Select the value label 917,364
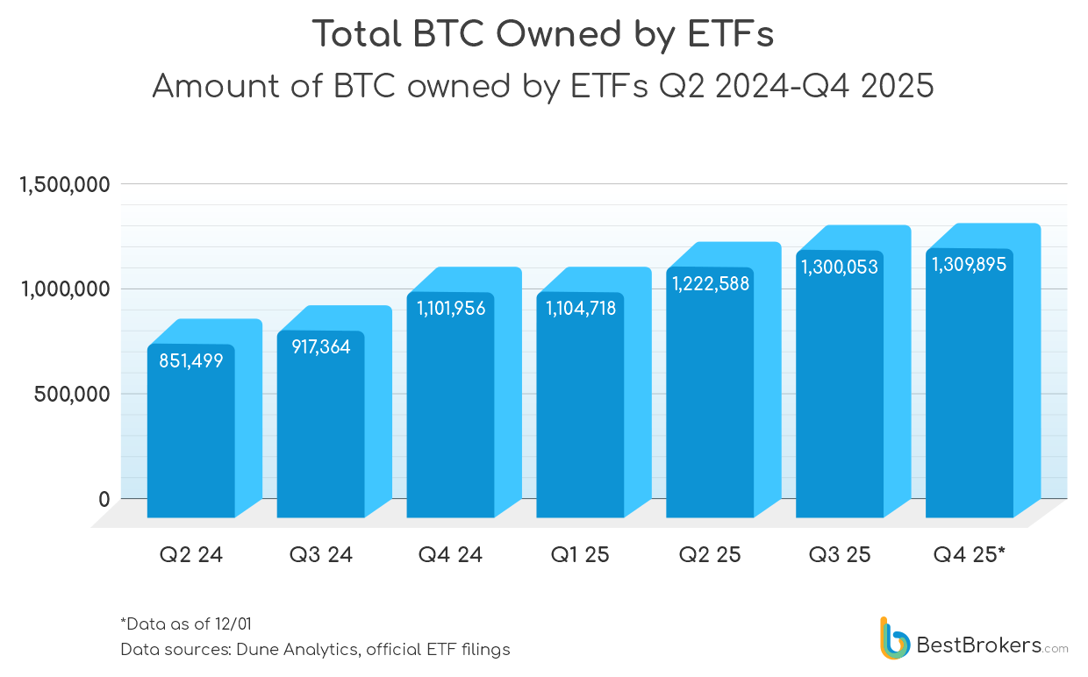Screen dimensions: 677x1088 pyautogui.click(x=320, y=347)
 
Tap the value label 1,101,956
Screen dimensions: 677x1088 pyautogui.click(x=450, y=308)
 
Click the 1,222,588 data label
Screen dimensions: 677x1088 pyautogui.click(x=711, y=283)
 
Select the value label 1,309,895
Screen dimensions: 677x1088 pyautogui.click(x=969, y=264)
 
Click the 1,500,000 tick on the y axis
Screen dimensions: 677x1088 pyautogui.click(x=64, y=185)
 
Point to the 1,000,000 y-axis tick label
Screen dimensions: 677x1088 pyautogui.click(x=64, y=289)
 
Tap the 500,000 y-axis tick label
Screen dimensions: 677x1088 pyautogui.click(x=72, y=394)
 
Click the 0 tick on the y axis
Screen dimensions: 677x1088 pyautogui.click(x=104, y=499)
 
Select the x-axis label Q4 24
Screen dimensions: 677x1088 pyautogui.click(x=450, y=555)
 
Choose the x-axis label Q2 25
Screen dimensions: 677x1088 pyautogui.click(x=710, y=555)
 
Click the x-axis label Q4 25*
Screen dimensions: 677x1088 pyautogui.click(x=970, y=555)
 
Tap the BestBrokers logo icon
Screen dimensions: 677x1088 pyautogui.click(x=894, y=638)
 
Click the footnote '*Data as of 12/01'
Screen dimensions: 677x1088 pyautogui.click(x=186, y=624)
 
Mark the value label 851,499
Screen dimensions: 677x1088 pyautogui.click(x=190, y=360)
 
